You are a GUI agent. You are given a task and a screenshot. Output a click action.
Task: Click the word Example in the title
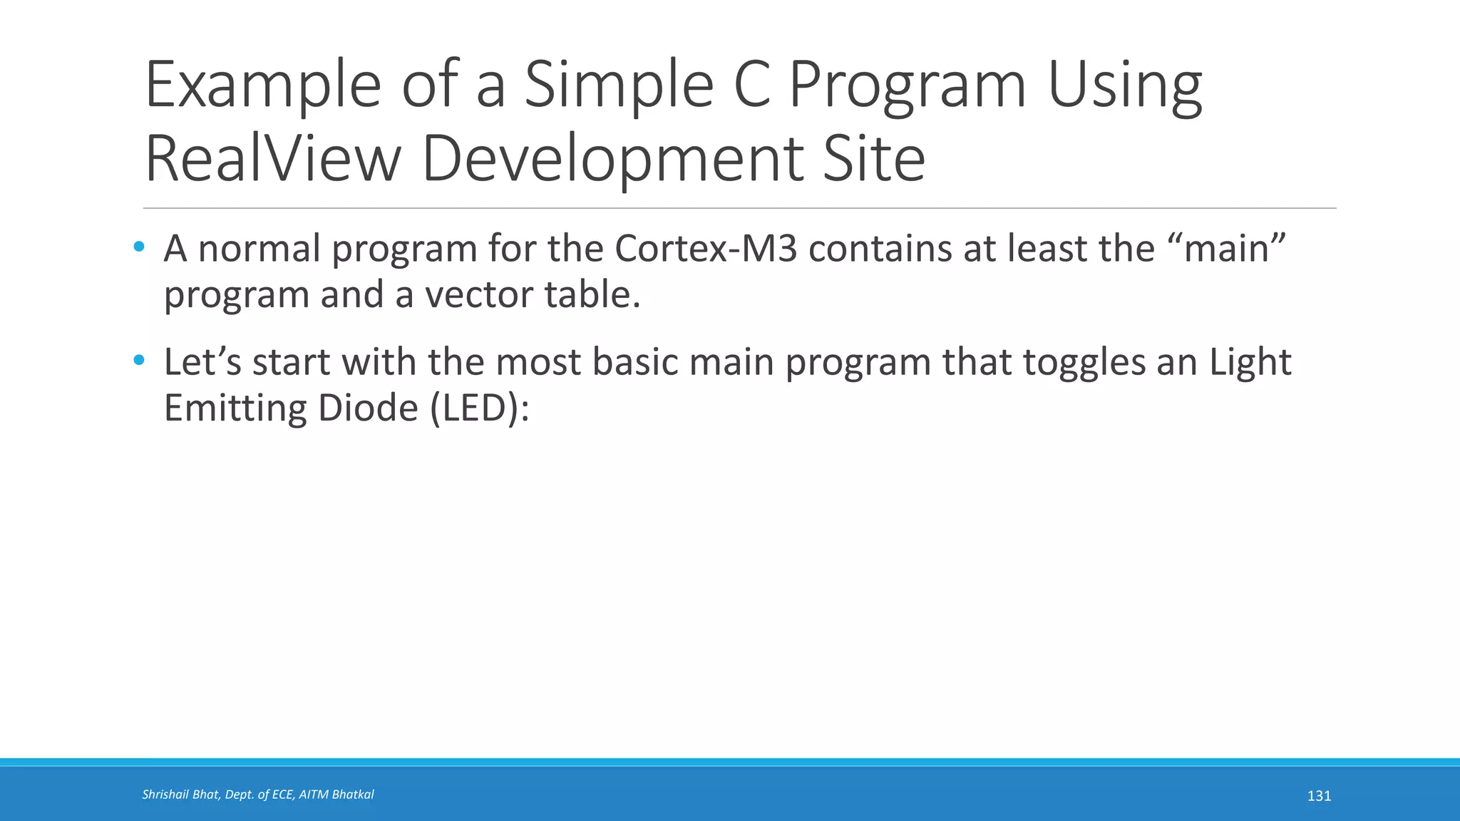click(263, 86)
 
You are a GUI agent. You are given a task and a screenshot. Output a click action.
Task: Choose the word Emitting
click(235, 408)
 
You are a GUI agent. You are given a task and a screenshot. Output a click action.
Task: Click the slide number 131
click(1319, 796)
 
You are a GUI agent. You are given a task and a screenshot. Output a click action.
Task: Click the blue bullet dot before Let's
click(139, 361)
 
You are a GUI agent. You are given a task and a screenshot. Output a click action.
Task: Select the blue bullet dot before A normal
click(139, 247)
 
